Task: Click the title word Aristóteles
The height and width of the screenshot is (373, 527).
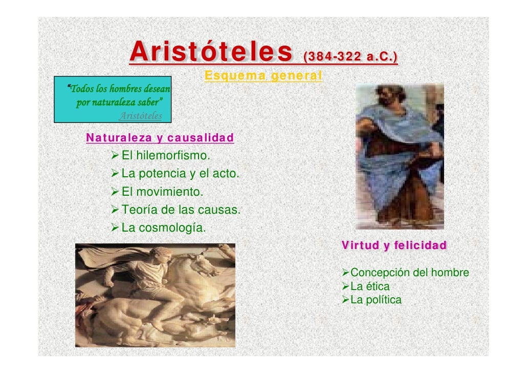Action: [x=211, y=52]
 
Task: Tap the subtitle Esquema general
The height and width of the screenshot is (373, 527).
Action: [x=263, y=76]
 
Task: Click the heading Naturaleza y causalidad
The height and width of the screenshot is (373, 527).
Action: [x=160, y=138]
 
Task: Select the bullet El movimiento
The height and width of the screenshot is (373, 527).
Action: [x=162, y=192]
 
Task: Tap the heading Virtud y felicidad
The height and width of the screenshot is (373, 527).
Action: [x=394, y=245]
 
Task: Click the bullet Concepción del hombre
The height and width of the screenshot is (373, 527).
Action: [x=409, y=273]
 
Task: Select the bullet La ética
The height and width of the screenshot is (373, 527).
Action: [x=370, y=286]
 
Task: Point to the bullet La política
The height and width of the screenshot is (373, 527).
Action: [x=376, y=300]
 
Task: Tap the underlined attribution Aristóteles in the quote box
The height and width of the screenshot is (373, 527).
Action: [x=140, y=116]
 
